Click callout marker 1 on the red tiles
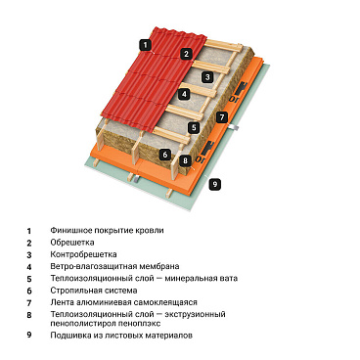coord(145,44)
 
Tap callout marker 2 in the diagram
coord(186,54)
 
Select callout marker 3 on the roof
coord(207,76)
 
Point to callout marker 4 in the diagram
coord(183,95)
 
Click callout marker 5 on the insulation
coord(195,127)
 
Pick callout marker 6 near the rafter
coord(165,155)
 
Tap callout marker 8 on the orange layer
coord(185,159)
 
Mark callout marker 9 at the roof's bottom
coord(216,183)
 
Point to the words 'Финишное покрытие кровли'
coord(109,230)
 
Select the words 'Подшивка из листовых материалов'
coord(123,336)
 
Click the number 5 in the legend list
coord(29,279)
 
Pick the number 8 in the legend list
coord(29,314)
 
